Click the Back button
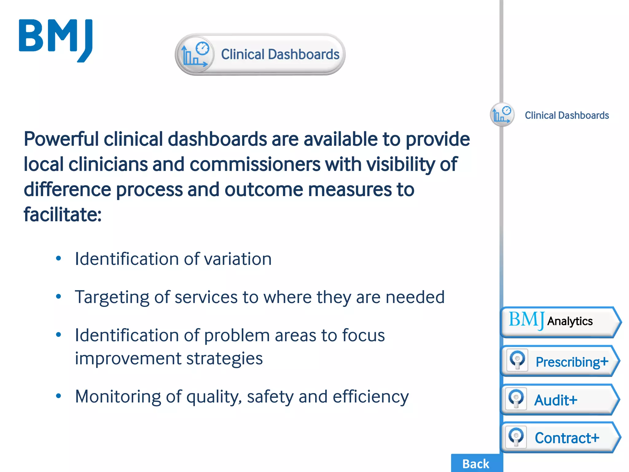[476, 463]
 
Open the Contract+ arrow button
[560, 438]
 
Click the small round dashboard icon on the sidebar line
[502, 115]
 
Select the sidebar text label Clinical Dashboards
[567, 115]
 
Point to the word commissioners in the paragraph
[255, 164]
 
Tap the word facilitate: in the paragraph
[63, 214]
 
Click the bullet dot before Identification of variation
[59, 258]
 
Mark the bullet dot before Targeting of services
[59, 297]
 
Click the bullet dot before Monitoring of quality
[59, 396]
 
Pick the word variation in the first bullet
[238, 259]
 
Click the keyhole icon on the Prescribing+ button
[517, 360]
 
